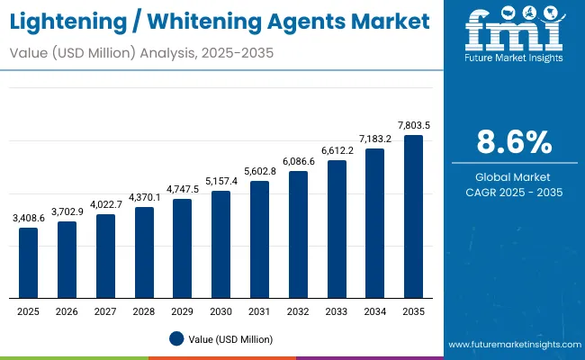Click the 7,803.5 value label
coord(413,126)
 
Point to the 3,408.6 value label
coord(29,219)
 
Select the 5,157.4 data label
coord(220,181)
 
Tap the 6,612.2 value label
coord(337,151)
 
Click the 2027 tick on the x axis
coord(105,311)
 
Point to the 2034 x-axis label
coord(374,311)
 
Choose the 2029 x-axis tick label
coord(183,311)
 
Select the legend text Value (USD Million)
coord(230,339)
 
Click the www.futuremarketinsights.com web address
coord(512,345)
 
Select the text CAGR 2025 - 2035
coord(515,192)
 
